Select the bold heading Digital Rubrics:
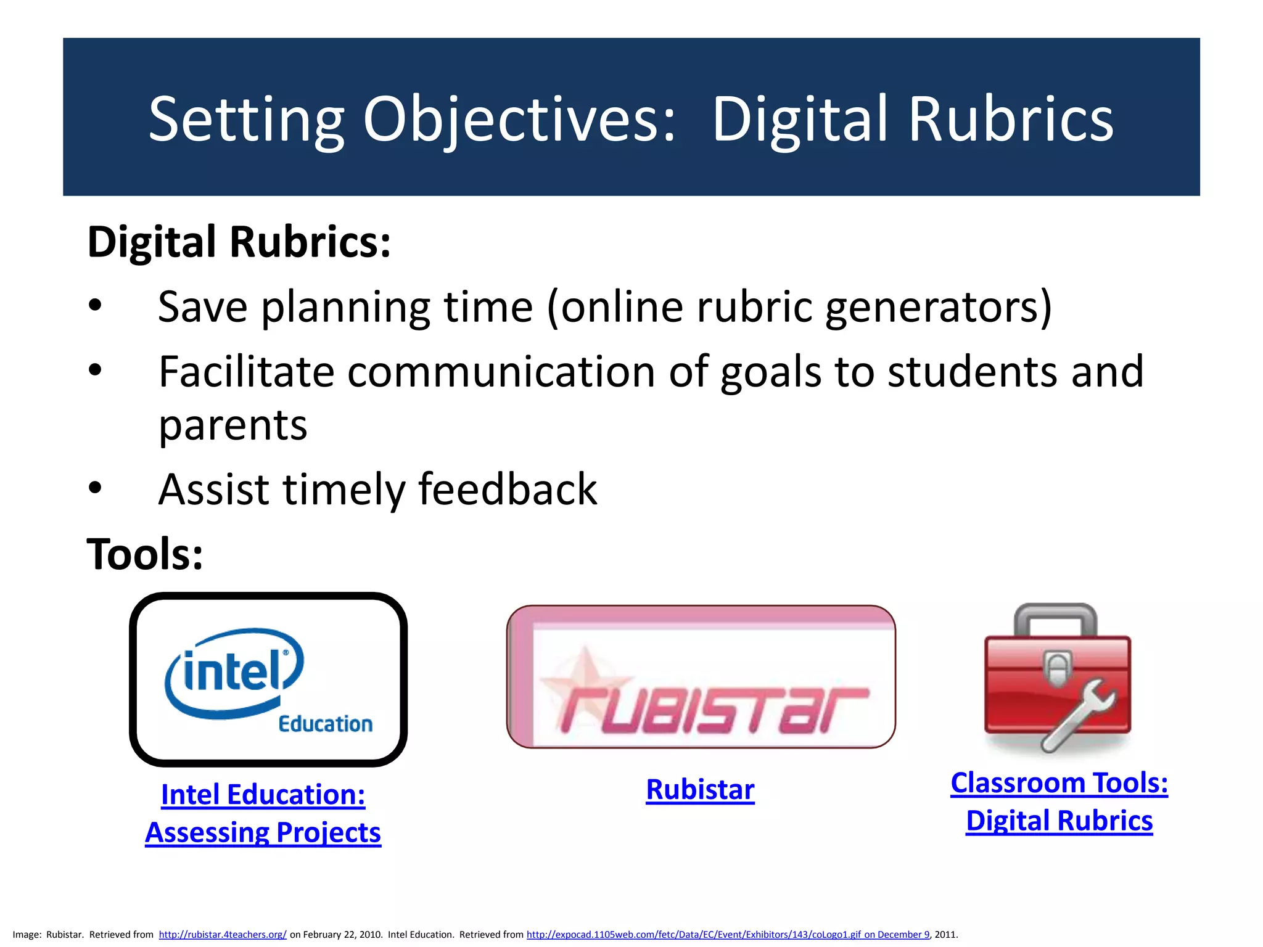239,242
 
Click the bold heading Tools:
145,554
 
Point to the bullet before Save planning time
95,306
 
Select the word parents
232,425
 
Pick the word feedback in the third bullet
507,489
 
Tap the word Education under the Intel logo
325,724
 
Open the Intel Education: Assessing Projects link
263,813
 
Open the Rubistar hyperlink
700,790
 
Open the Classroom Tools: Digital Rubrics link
1059,801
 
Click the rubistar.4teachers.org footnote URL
223,935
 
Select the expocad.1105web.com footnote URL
728,935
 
